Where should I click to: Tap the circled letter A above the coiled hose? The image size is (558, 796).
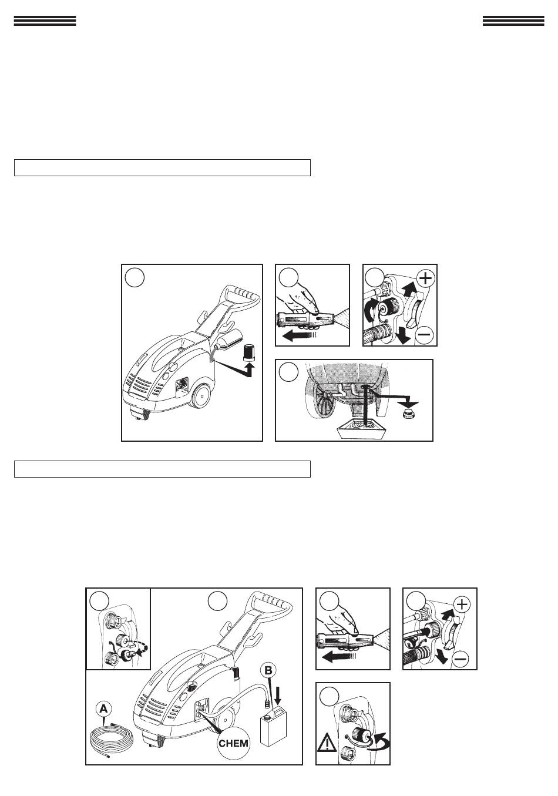click(x=103, y=709)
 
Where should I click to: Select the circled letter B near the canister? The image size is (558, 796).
click(x=268, y=671)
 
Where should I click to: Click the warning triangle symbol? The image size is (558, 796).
click(x=327, y=743)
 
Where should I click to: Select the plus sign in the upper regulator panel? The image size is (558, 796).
click(x=425, y=278)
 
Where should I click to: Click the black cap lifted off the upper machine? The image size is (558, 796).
click(x=248, y=353)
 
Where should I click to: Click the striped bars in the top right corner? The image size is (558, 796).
click(x=513, y=21)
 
